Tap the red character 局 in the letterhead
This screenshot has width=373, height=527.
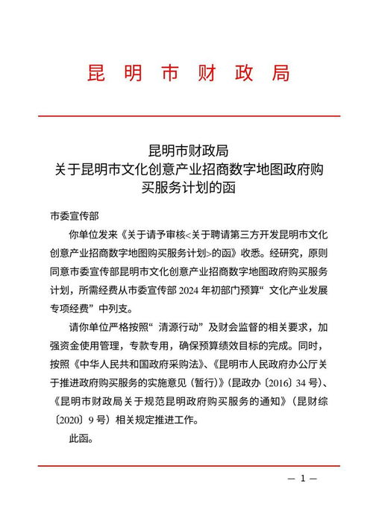pos(280,74)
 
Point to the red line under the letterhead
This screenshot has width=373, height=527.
pos(186,116)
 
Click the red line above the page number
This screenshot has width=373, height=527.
pos(186,466)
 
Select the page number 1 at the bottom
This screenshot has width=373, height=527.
pos(303,478)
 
